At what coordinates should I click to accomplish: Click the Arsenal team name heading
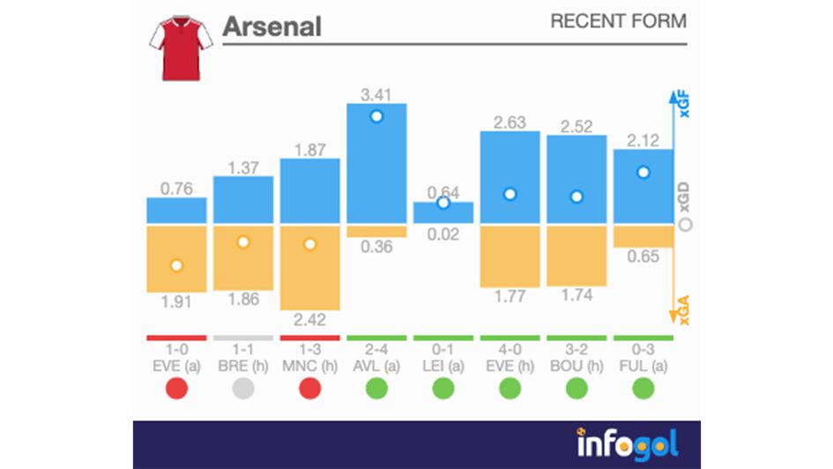point(271,26)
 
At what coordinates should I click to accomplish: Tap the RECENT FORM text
point(618,21)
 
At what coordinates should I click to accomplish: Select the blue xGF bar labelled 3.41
point(376,163)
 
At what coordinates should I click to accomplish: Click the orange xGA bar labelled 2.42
point(309,267)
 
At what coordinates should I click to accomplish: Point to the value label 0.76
point(176,188)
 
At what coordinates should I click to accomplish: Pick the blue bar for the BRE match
point(243,199)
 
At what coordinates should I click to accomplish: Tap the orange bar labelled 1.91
point(176,258)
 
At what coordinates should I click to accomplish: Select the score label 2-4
point(376,349)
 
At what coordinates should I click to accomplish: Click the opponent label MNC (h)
point(309,365)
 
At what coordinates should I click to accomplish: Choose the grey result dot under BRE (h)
point(243,388)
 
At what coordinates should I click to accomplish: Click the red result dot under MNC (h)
point(309,388)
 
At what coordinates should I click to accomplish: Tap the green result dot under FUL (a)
point(643,388)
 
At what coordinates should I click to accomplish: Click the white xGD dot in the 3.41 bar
point(376,116)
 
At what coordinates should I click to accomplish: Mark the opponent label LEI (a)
point(443,365)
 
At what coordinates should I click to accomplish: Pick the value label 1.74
point(576,295)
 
